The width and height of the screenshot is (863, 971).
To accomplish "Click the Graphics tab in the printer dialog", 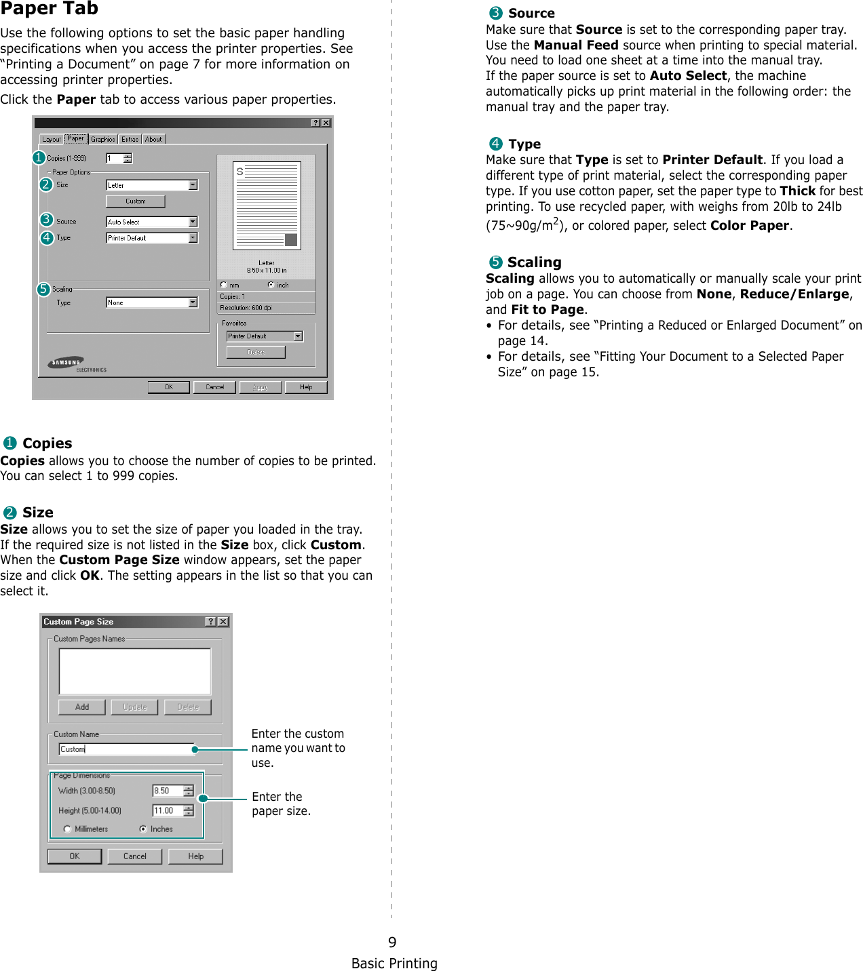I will [103, 139].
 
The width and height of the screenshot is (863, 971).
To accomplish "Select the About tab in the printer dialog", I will [154, 139].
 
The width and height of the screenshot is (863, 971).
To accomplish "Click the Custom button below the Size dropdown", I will [135, 201].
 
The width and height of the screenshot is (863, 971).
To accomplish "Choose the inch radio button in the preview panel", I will [271, 285].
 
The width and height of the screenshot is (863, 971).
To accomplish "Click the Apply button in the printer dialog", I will [260, 387].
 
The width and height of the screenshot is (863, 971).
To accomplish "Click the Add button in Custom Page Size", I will [82, 707].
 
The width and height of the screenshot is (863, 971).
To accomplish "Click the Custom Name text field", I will [127, 749].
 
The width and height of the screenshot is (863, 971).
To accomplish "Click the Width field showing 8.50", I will [168, 791].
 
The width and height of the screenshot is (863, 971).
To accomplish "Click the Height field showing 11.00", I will [168, 810].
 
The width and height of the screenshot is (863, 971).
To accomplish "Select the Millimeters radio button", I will [67, 829].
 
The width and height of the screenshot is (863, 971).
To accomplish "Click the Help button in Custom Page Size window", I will [195, 856].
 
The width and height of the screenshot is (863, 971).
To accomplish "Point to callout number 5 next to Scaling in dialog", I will [43, 290].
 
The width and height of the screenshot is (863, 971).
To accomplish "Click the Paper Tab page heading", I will [50, 9].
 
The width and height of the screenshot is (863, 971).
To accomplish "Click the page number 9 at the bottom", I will [392, 942].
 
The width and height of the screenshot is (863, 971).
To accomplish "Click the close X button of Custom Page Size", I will [223, 622].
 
